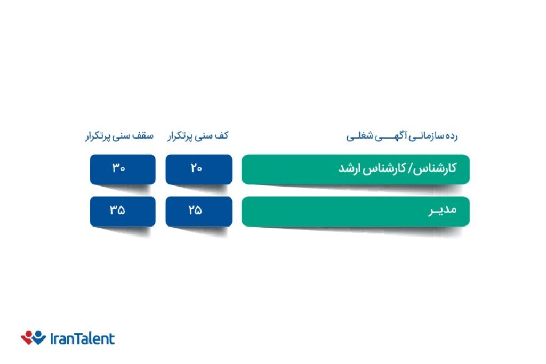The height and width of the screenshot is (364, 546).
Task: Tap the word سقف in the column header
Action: pos(143,136)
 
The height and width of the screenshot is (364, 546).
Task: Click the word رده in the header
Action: pos(452,136)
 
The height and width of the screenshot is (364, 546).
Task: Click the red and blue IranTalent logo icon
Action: pos(34,337)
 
